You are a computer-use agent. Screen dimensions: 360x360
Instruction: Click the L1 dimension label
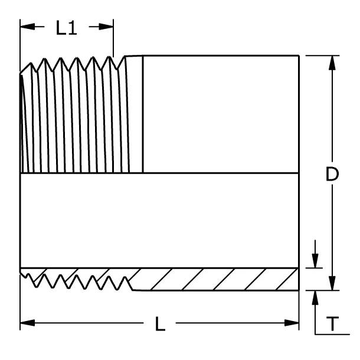click(66, 28)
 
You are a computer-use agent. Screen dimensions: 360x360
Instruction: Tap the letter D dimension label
click(332, 174)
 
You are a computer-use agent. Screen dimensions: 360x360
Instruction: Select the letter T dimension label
click(332, 323)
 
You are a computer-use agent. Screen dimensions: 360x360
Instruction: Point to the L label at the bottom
click(160, 324)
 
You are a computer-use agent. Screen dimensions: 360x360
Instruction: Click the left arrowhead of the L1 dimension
click(28, 27)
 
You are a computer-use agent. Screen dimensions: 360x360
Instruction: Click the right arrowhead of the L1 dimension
click(106, 27)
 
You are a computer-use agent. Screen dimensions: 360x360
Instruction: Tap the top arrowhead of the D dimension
click(332, 63)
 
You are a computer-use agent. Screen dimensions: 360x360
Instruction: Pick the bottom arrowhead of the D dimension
click(332, 283)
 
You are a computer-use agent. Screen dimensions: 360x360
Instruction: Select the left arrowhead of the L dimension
click(28, 323)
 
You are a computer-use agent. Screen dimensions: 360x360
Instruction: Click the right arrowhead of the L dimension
click(292, 323)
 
